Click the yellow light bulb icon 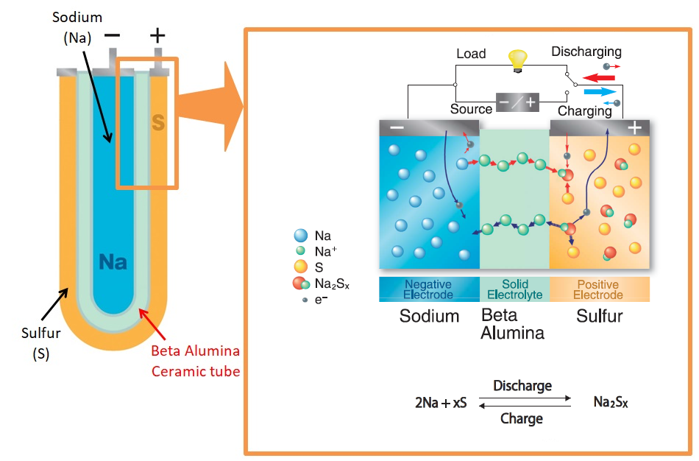tap(519, 59)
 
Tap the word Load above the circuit tap(471, 54)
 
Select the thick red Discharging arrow tap(598, 77)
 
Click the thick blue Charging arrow tap(597, 92)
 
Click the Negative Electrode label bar tap(428, 289)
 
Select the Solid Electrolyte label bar tap(514, 289)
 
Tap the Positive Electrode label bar tap(599, 289)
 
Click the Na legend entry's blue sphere tap(300, 236)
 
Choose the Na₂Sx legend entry tap(300, 284)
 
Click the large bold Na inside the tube tap(113, 261)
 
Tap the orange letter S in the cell tap(157, 122)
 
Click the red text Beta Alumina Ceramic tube tap(196, 360)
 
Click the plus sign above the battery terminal tap(157, 35)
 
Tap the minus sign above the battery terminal tap(113, 35)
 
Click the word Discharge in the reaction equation tap(522, 386)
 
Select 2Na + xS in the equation tap(441, 403)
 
